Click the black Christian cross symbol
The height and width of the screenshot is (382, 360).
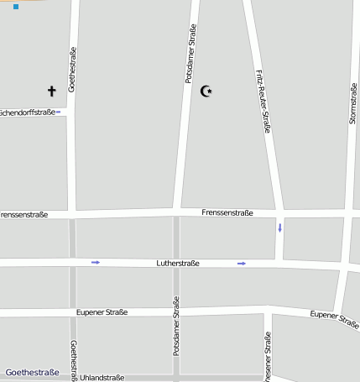pos(51,91)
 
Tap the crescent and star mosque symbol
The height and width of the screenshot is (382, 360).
pos(206,91)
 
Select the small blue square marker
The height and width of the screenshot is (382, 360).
pos(16,7)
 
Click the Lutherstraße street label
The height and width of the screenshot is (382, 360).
pos(178,264)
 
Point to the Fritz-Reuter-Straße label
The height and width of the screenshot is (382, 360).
pos(262,100)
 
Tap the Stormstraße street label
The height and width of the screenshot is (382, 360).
pos(353,104)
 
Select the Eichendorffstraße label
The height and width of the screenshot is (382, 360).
pos(27,112)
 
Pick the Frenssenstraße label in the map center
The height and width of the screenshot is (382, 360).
pos(228,212)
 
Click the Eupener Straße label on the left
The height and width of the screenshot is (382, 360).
pos(102,312)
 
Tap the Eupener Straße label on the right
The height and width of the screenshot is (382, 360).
pos(334,319)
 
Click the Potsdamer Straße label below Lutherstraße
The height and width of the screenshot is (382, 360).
pos(176,327)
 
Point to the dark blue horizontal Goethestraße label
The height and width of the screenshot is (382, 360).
pos(32,372)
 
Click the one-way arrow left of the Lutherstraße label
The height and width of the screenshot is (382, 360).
pos(96,263)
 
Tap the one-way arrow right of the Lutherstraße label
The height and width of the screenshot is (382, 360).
pos(242,264)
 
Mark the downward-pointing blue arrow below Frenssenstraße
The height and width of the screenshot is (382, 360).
pos(280,228)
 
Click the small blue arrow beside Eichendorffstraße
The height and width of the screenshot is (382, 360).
pos(58,112)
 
